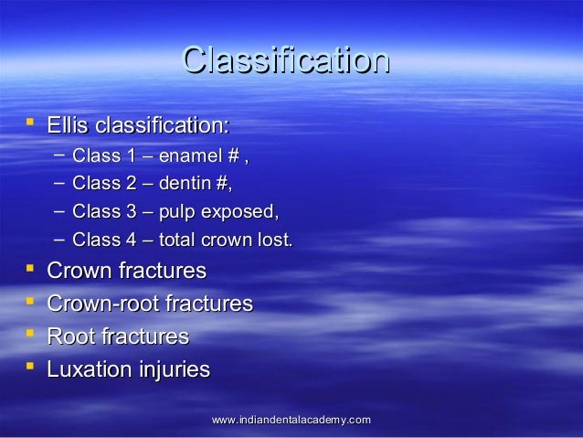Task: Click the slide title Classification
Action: (x=285, y=60)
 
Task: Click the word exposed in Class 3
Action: (x=238, y=213)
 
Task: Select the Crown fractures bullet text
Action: (x=126, y=272)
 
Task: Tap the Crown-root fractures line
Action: (x=149, y=304)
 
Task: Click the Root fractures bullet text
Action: (x=117, y=337)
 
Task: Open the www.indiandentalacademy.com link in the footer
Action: (x=291, y=419)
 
